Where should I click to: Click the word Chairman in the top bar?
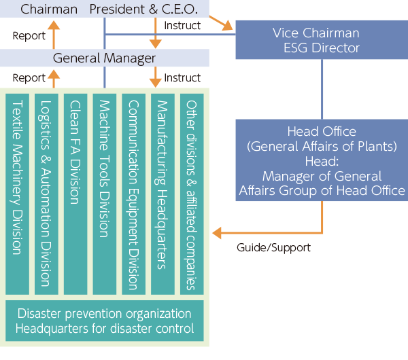49,10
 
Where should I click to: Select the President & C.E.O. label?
143,10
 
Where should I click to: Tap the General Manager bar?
104,58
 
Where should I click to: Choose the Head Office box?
322,161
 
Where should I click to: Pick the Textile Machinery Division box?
17,194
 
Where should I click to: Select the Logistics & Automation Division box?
46,194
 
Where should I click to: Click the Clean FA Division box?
75,194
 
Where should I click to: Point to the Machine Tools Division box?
105,194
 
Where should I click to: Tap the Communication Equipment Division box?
133,194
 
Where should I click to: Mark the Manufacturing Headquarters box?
163,194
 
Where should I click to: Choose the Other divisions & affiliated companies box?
192,194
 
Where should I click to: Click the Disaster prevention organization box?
104,321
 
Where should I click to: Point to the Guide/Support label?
273,248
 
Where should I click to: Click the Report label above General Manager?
29,35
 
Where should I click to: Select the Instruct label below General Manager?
182,78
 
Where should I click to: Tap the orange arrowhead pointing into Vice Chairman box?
228,28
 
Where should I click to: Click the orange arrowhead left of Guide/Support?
217,234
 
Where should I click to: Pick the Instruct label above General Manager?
182,25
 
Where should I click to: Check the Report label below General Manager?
29,78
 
